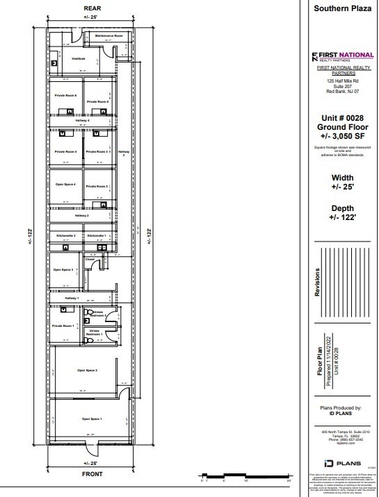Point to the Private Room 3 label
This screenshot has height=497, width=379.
(97, 151)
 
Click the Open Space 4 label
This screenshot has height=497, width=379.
(65, 185)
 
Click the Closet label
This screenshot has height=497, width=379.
(90, 259)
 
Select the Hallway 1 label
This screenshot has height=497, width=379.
(73, 297)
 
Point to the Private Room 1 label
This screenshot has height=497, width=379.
(63, 325)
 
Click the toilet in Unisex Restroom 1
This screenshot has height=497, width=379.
(88, 340)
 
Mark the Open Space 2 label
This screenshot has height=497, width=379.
(87, 371)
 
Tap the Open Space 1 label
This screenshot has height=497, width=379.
(91, 419)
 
